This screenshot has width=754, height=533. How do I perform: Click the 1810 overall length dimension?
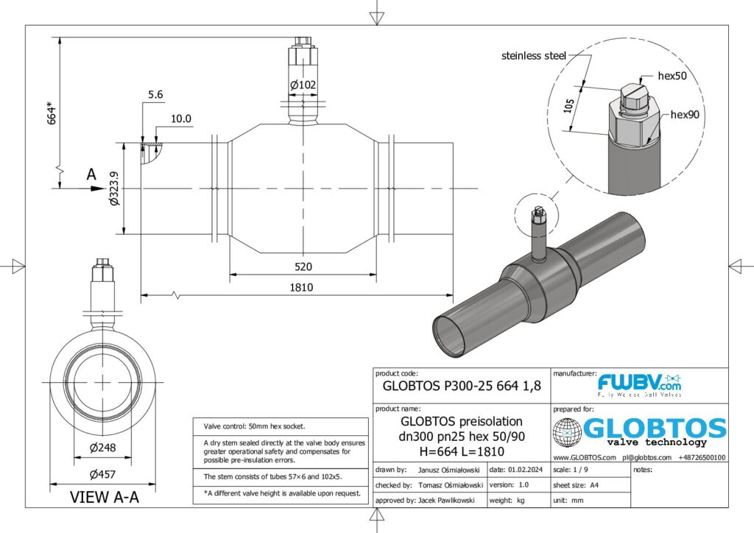pos(302,287)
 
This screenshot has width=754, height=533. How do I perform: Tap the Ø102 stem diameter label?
pos(303,85)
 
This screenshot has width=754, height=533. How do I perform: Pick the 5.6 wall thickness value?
pos(155,95)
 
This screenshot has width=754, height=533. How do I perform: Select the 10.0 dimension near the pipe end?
pos(180,119)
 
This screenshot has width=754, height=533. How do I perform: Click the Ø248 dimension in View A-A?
pos(102,448)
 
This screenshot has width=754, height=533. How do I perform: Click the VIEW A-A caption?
pos(104,498)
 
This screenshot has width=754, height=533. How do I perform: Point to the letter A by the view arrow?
pos(91,174)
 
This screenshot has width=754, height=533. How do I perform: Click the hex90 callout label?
pos(685,115)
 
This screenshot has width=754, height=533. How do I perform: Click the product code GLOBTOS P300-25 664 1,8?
pos(462,384)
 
